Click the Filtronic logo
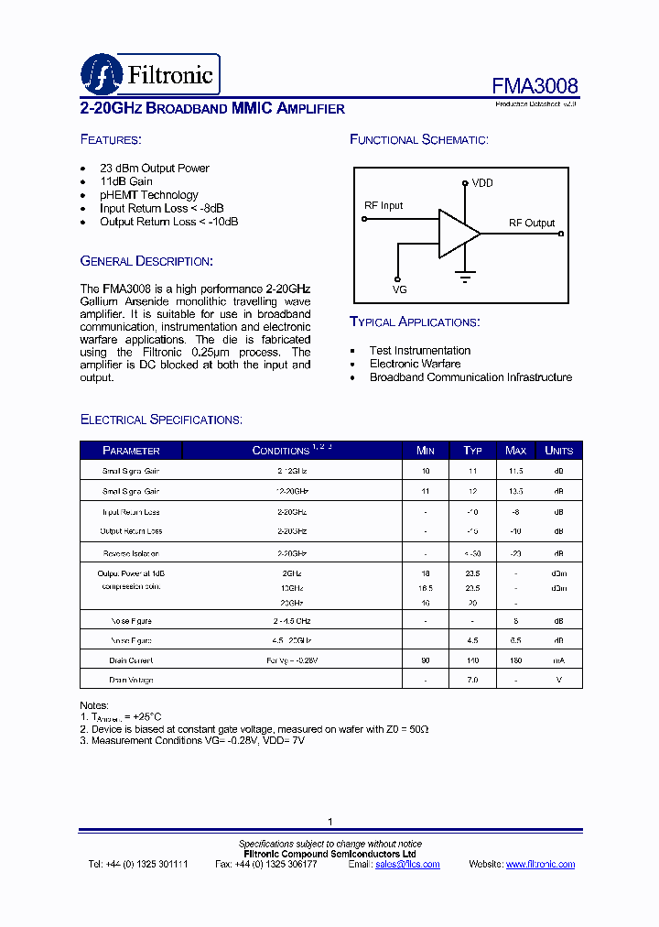point(150,74)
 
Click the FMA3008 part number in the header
point(535,86)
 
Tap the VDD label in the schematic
point(482,183)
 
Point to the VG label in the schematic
point(399,289)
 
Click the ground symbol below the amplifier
point(465,274)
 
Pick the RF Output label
point(532,223)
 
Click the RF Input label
point(384,206)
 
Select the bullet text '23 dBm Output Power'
point(154,169)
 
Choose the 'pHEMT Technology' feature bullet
point(148,195)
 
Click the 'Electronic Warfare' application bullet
point(415,364)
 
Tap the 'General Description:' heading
point(146,261)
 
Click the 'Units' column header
point(558,451)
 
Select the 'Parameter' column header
point(131,451)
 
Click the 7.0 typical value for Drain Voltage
point(472,681)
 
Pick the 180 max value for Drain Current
point(515,660)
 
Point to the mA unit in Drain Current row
point(558,660)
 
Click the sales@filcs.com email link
point(407,865)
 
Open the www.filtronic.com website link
point(540,865)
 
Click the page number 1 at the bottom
point(329,822)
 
